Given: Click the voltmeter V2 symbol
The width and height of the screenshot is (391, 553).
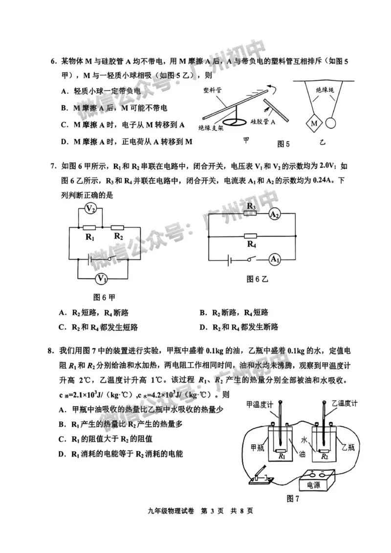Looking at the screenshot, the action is (x=90, y=209).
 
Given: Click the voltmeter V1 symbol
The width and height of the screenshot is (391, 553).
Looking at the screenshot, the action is (x=101, y=279).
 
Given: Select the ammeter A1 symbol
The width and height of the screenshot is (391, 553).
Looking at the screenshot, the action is (x=275, y=259).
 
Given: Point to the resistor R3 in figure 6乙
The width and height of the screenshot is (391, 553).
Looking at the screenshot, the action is (x=251, y=214).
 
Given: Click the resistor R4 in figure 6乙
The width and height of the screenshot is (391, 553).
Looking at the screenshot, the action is (x=251, y=235).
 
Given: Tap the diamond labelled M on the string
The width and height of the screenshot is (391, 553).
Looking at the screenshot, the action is (x=314, y=123).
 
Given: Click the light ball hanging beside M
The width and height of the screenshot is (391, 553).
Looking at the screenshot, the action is (x=332, y=123).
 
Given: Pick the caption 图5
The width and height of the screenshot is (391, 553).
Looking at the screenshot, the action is (x=283, y=144).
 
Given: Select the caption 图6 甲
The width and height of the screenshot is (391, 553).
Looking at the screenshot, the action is (x=104, y=297).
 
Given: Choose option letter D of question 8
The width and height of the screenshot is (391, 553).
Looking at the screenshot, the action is (x=62, y=454).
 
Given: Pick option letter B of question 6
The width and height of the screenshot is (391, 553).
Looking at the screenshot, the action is (x=64, y=108).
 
